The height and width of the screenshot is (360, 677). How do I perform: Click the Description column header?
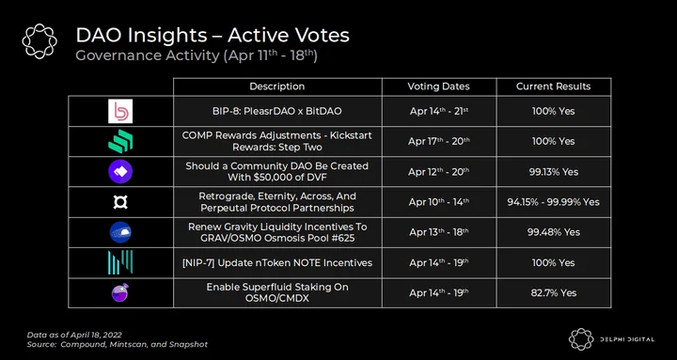pyautogui.click(x=277, y=86)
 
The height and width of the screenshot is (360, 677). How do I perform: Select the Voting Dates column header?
pyautogui.click(x=439, y=86)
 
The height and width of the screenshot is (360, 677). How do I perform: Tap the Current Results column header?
pyautogui.click(x=554, y=86)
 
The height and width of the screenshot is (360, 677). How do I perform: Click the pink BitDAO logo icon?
pyautogui.click(x=120, y=111)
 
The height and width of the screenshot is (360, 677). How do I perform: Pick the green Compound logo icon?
pyautogui.click(x=120, y=141)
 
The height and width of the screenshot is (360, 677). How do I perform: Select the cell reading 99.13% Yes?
pyautogui.click(x=554, y=172)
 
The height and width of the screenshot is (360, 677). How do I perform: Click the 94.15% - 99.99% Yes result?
pyautogui.click(x=554, y=202)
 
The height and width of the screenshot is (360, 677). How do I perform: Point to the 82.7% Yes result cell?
pyautogui.click(x=554, y=292)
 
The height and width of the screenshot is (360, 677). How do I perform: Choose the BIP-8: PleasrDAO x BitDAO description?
pyautogui.click(x=277, y=111)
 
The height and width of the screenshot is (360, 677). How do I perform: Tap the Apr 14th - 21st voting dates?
pyautogui.click(x=439, y=111)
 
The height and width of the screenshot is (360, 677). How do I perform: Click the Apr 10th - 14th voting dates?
pyautogui.click(x=439, y=202)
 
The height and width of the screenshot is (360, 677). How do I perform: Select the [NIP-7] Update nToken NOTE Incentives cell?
pyautogui.click(x=277, y=262)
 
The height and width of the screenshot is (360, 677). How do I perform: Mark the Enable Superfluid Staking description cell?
pyautogui.click(x=277, y=292)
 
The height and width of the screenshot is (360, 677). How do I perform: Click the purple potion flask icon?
pyautogui.click(x=120, y=292)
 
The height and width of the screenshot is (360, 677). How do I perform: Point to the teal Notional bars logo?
pyautogui.click(x=120, y=262)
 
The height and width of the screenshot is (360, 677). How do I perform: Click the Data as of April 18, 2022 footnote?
pyautogui.click(x=74, y=335)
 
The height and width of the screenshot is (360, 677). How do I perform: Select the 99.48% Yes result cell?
pyautogui.click(x=554, y=232)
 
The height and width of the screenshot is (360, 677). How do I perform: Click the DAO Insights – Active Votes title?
pyautogui.click(x=213, y=36)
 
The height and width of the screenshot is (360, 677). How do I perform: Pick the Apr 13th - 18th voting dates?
pyautogui.click(x=439, y=232)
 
